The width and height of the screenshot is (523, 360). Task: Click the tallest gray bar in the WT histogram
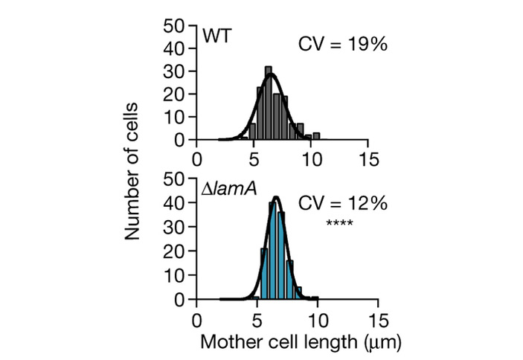tap(268, 104)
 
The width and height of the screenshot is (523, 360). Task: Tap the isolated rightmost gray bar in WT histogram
tap(316, 136)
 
